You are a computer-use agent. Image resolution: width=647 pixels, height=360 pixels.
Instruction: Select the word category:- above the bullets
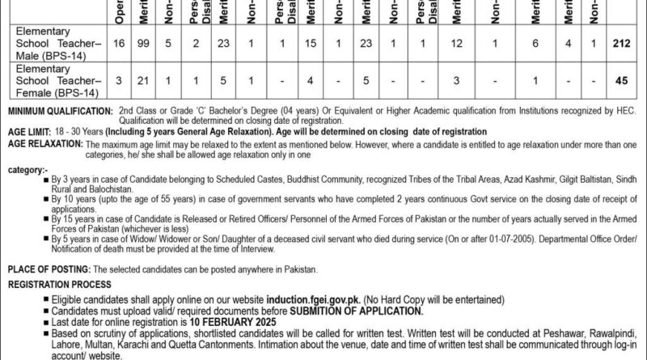point(27,171)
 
